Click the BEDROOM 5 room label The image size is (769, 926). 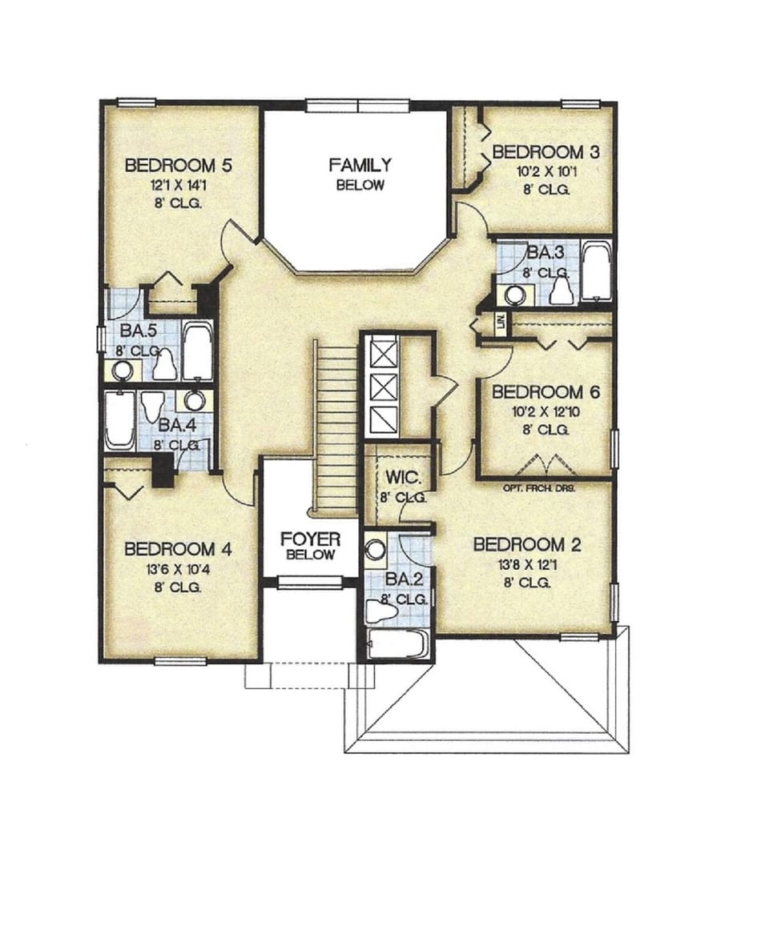(x=179, y=166)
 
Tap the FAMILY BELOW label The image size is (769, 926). (x=360, y=174)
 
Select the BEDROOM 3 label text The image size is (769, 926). (x=546, y=152)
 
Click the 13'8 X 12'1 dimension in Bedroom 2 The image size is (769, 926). (x=526, y=565)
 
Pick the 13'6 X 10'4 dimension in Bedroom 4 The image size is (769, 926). (x=178, y=568)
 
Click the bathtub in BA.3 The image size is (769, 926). (x=595, y=272)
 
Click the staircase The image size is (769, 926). (x=334, y=424)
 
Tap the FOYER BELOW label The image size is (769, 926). (x=310, y=545)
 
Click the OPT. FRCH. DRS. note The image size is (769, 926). (x=540, y=487)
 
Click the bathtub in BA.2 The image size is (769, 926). (x=397, y=643)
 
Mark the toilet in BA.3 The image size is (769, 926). (x=562, y=289)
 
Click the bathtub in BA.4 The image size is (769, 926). (x=119, y=420)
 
